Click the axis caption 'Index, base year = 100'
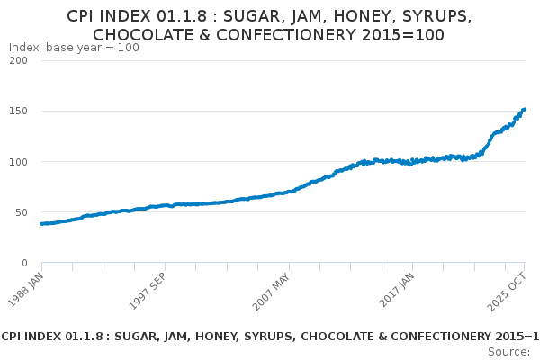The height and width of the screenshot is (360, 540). click(x=74, y=48)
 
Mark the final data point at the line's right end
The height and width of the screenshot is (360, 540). click(x=525, y=110)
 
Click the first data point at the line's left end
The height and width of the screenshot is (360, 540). click(x=41, y=223)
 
